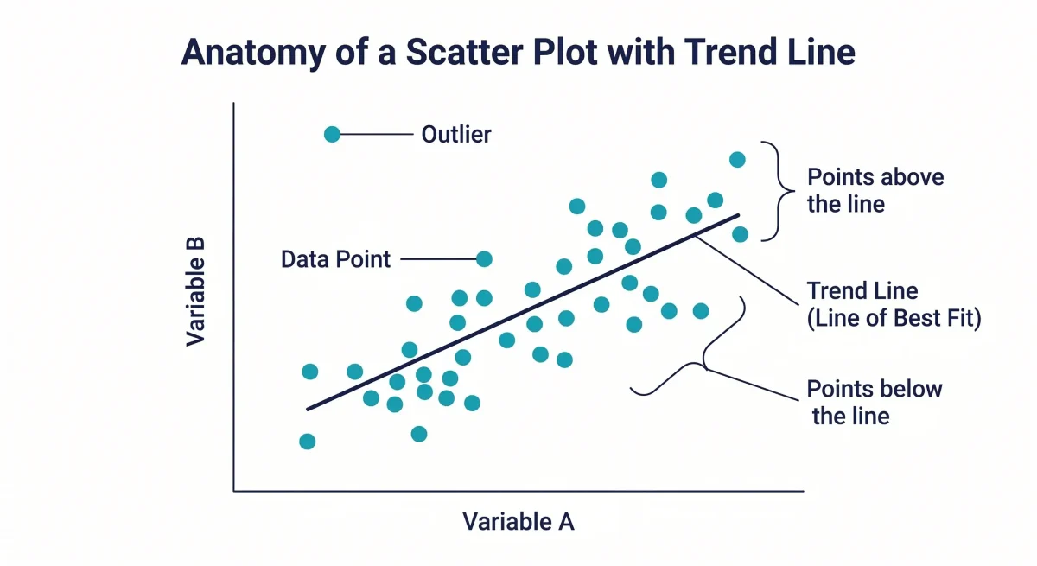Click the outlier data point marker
tap(332, 134)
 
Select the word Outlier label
tap(456, 135)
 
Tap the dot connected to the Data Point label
tap(484, 258)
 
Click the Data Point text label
tap(336, 259)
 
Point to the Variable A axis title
tap(518, 522)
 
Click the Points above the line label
tap(875, 191)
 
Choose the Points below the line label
tap(874, 402)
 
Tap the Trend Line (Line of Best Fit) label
tap(894, 304)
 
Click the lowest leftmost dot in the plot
tap(307, 442)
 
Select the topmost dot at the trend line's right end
tap(737, 159)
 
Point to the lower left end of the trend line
tap(309, 408)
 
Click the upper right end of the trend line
tap(737, 216)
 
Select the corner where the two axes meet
tap(234, 491)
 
